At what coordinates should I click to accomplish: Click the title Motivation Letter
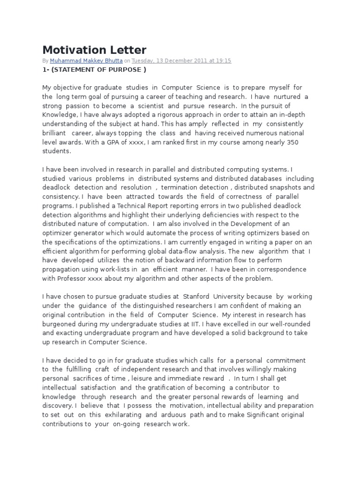click(94, 50)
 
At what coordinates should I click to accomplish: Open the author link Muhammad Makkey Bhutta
click(90, 61)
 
